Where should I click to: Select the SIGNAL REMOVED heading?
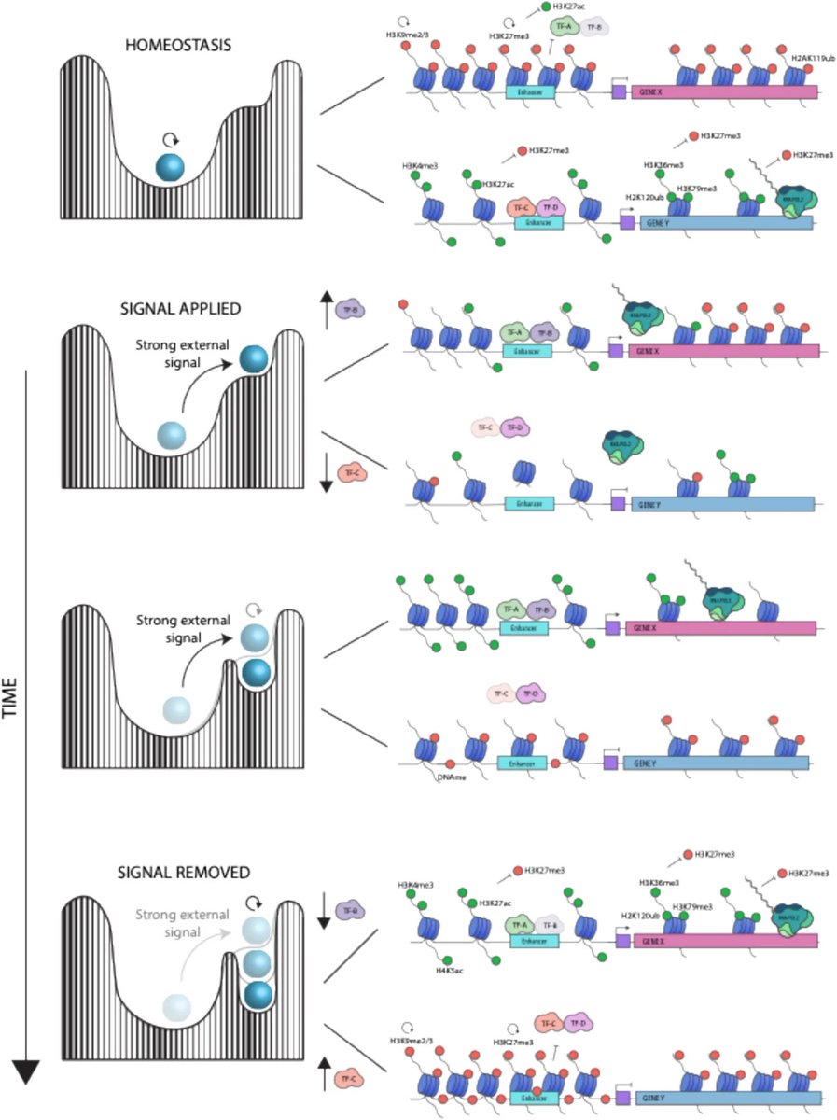[x=184, y=874]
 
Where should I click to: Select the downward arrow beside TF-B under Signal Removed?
[x=324, y=909]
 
